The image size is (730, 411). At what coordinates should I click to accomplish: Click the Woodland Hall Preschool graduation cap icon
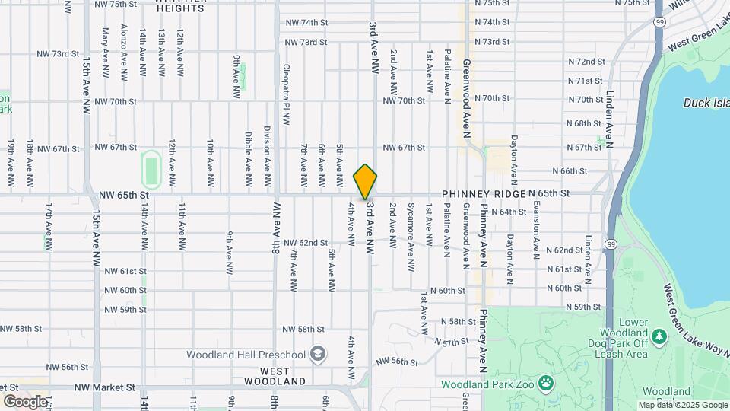pyautogui.click(x=317, y=354)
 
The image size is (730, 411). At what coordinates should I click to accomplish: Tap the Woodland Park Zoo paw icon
pyautogui.click(x=545, y=382)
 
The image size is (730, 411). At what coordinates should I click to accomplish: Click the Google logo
pyautogui.click(x=24, y=401)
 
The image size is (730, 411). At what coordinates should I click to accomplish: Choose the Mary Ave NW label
pyautogui.click(x=105, y=47)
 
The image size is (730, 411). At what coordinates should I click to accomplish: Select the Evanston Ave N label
pyautogui.click(x=537, y=228)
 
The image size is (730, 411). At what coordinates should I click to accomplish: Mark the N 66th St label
pyautogui.click(x=576, y=170)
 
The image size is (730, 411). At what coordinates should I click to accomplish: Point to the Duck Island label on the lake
pyautogui.click(x=706, y=103)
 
